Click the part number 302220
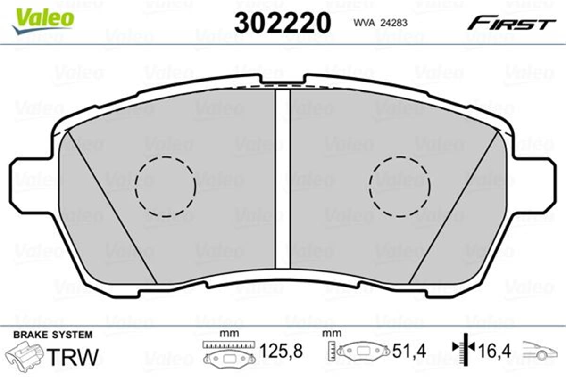[x=282, y=22]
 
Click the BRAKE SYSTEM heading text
[x=53, y=335]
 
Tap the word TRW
[x=75, y=357]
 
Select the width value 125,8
[x=281, y=351]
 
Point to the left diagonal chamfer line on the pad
[x=111, y=207]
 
